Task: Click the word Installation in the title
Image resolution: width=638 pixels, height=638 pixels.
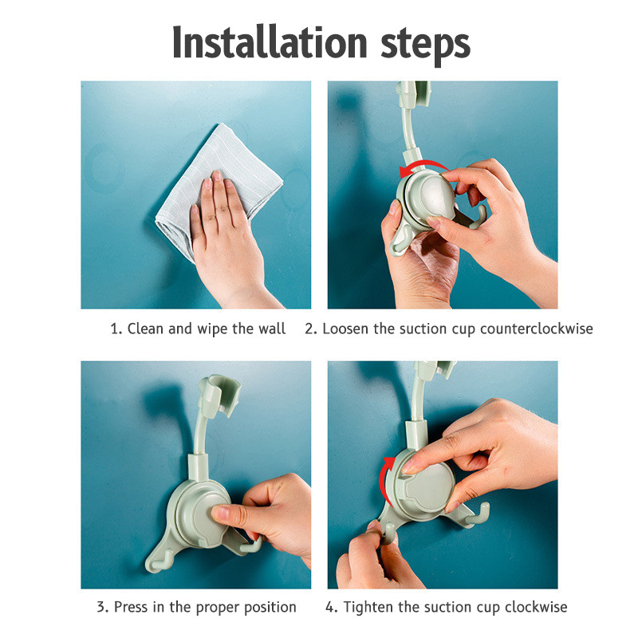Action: tap(270, 42)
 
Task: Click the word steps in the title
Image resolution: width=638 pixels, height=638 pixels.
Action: tap(425, 45)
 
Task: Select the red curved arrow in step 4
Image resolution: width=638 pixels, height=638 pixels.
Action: tap(384, 480)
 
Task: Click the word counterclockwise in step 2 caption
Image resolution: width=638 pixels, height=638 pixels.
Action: tap(536, 329)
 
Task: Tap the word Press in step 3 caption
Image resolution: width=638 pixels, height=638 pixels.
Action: tap(131, 607)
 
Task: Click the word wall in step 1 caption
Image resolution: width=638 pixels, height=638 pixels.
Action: tap(272, 329)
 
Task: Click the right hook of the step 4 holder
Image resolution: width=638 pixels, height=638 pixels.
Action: tap(479, 514)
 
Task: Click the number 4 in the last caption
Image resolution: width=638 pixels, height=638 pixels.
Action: tap(330, 607)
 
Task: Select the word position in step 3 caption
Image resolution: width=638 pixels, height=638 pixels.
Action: tap(270, 608)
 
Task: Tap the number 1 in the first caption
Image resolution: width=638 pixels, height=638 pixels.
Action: tap(114, 329)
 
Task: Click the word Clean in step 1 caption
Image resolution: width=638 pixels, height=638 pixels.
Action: tap(145, 329)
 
